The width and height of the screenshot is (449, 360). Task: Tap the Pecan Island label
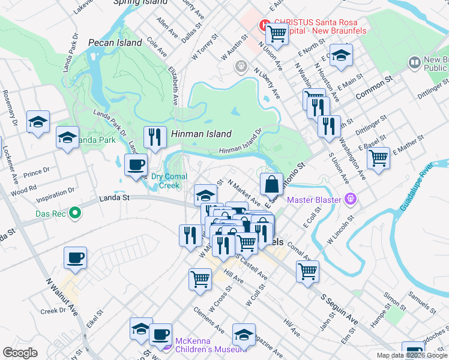[x=115, y=43]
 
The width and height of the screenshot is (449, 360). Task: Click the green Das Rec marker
[x=75, y=212]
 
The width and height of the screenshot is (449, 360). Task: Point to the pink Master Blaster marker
[x=351, y=199]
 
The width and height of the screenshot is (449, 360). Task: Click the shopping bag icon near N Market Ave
[x=271, y=184]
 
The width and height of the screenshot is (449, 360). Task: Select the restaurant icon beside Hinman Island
[x=155, y=137]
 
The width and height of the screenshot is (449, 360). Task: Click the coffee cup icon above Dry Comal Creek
[x=136, y=164]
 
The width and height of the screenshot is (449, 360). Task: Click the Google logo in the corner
[x=20, y=353]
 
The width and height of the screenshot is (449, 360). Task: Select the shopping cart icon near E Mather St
[x=378, y=158]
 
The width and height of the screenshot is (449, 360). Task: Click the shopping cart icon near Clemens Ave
[x=200, y=278]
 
